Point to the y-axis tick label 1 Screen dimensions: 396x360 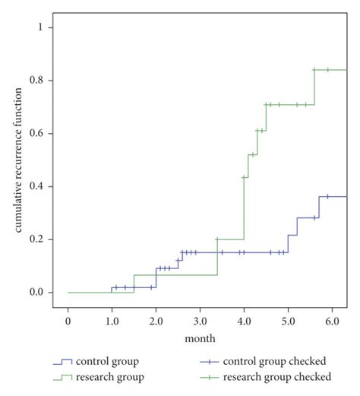point(49,27)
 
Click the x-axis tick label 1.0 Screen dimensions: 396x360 point(112,322)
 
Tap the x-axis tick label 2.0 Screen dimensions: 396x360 point(156,322)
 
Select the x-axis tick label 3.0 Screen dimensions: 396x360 point(200,322)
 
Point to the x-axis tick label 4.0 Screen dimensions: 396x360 point(244,322)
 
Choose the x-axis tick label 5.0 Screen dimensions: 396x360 point(288,322)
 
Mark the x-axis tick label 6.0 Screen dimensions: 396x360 point(332,322)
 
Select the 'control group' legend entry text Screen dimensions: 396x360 point(107,361)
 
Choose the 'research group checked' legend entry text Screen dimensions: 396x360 point(281,376)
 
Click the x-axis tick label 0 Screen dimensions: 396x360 point(68,322)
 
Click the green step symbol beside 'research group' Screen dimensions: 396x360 point(62,376)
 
